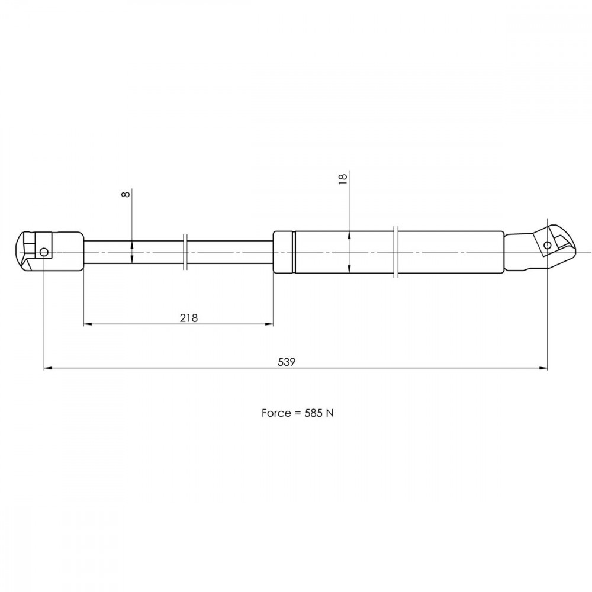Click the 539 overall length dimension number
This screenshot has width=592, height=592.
pos(287,362)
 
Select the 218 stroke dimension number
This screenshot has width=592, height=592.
pos(189,318)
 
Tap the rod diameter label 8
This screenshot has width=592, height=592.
pos(127,194)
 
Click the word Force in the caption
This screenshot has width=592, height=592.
pos(276,413)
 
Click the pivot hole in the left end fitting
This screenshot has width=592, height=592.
pos(44,252)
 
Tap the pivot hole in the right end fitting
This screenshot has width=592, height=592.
pos(547,246)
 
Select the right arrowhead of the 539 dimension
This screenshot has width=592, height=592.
pos(543,368)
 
